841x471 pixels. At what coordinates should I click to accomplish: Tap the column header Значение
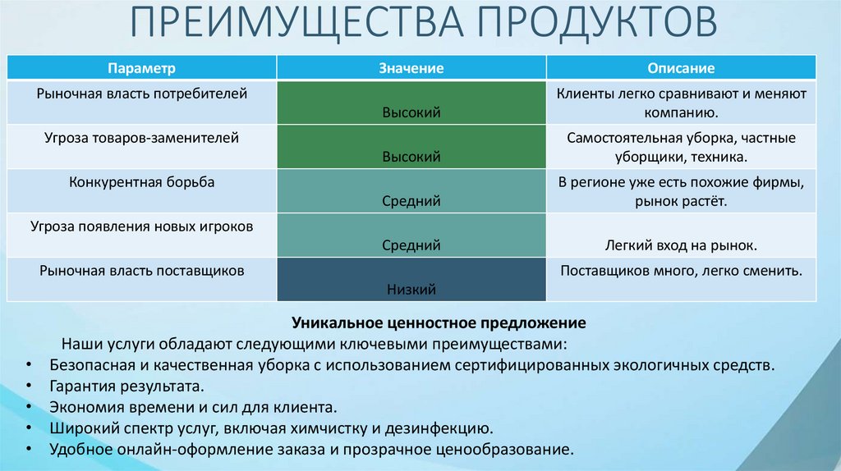pyautogui.click(x=411, y=68)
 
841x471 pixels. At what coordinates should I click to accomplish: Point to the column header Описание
pyautogui.click(x=681, y=68)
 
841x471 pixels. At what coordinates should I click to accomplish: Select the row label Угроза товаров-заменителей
pyautogui.click(x=142, y=138)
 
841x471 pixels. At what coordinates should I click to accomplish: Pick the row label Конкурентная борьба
pyautogui.click(x=142, y=182)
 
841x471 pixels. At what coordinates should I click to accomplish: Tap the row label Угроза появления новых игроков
pyautogui.click(x=142, y=226)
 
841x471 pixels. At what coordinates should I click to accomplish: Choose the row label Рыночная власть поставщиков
pyautogui.click(x=142, y=269)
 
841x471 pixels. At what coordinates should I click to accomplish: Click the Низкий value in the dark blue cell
pyautogui.click(x=411, y=289)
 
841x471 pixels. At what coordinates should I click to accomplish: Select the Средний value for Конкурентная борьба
pyautogui.click(x=411, y=200)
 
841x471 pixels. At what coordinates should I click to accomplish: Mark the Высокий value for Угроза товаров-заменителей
pyautogui.click(x=411, y=156)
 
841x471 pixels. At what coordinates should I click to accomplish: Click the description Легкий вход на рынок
pyautogui.click(x=681, y=245)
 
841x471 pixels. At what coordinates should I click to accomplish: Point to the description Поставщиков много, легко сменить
pyautogui.click(x=681, y=269)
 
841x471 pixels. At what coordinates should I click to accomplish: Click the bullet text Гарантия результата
pyautogui.click(x=126, y=385)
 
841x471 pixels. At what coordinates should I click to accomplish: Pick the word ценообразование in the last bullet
pyautogui.click(x=508, y=450)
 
